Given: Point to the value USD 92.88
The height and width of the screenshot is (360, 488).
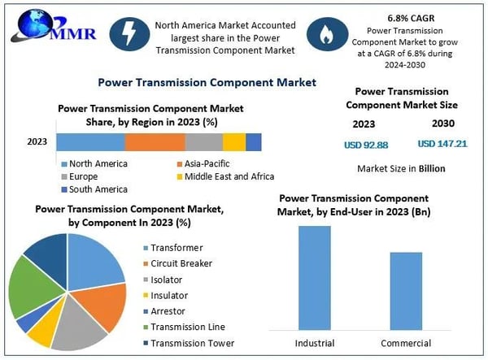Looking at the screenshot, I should [x=364, y=144].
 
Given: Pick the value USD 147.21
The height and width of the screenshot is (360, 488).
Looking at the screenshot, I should [x=442, y=143].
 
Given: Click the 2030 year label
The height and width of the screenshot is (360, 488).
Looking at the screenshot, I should [x=442, y=124].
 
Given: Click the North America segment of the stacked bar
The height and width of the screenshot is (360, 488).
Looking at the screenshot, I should [x=90, y=141].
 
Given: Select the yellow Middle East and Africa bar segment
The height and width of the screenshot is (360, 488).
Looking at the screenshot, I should [x=234, y=141].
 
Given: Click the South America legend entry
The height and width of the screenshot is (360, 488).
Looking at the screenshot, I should [x=98, y=189].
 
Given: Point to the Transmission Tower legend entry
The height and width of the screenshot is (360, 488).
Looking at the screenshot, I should [x=193, y=341].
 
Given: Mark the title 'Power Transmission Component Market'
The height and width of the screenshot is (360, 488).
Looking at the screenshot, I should [x=207, y=82].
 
